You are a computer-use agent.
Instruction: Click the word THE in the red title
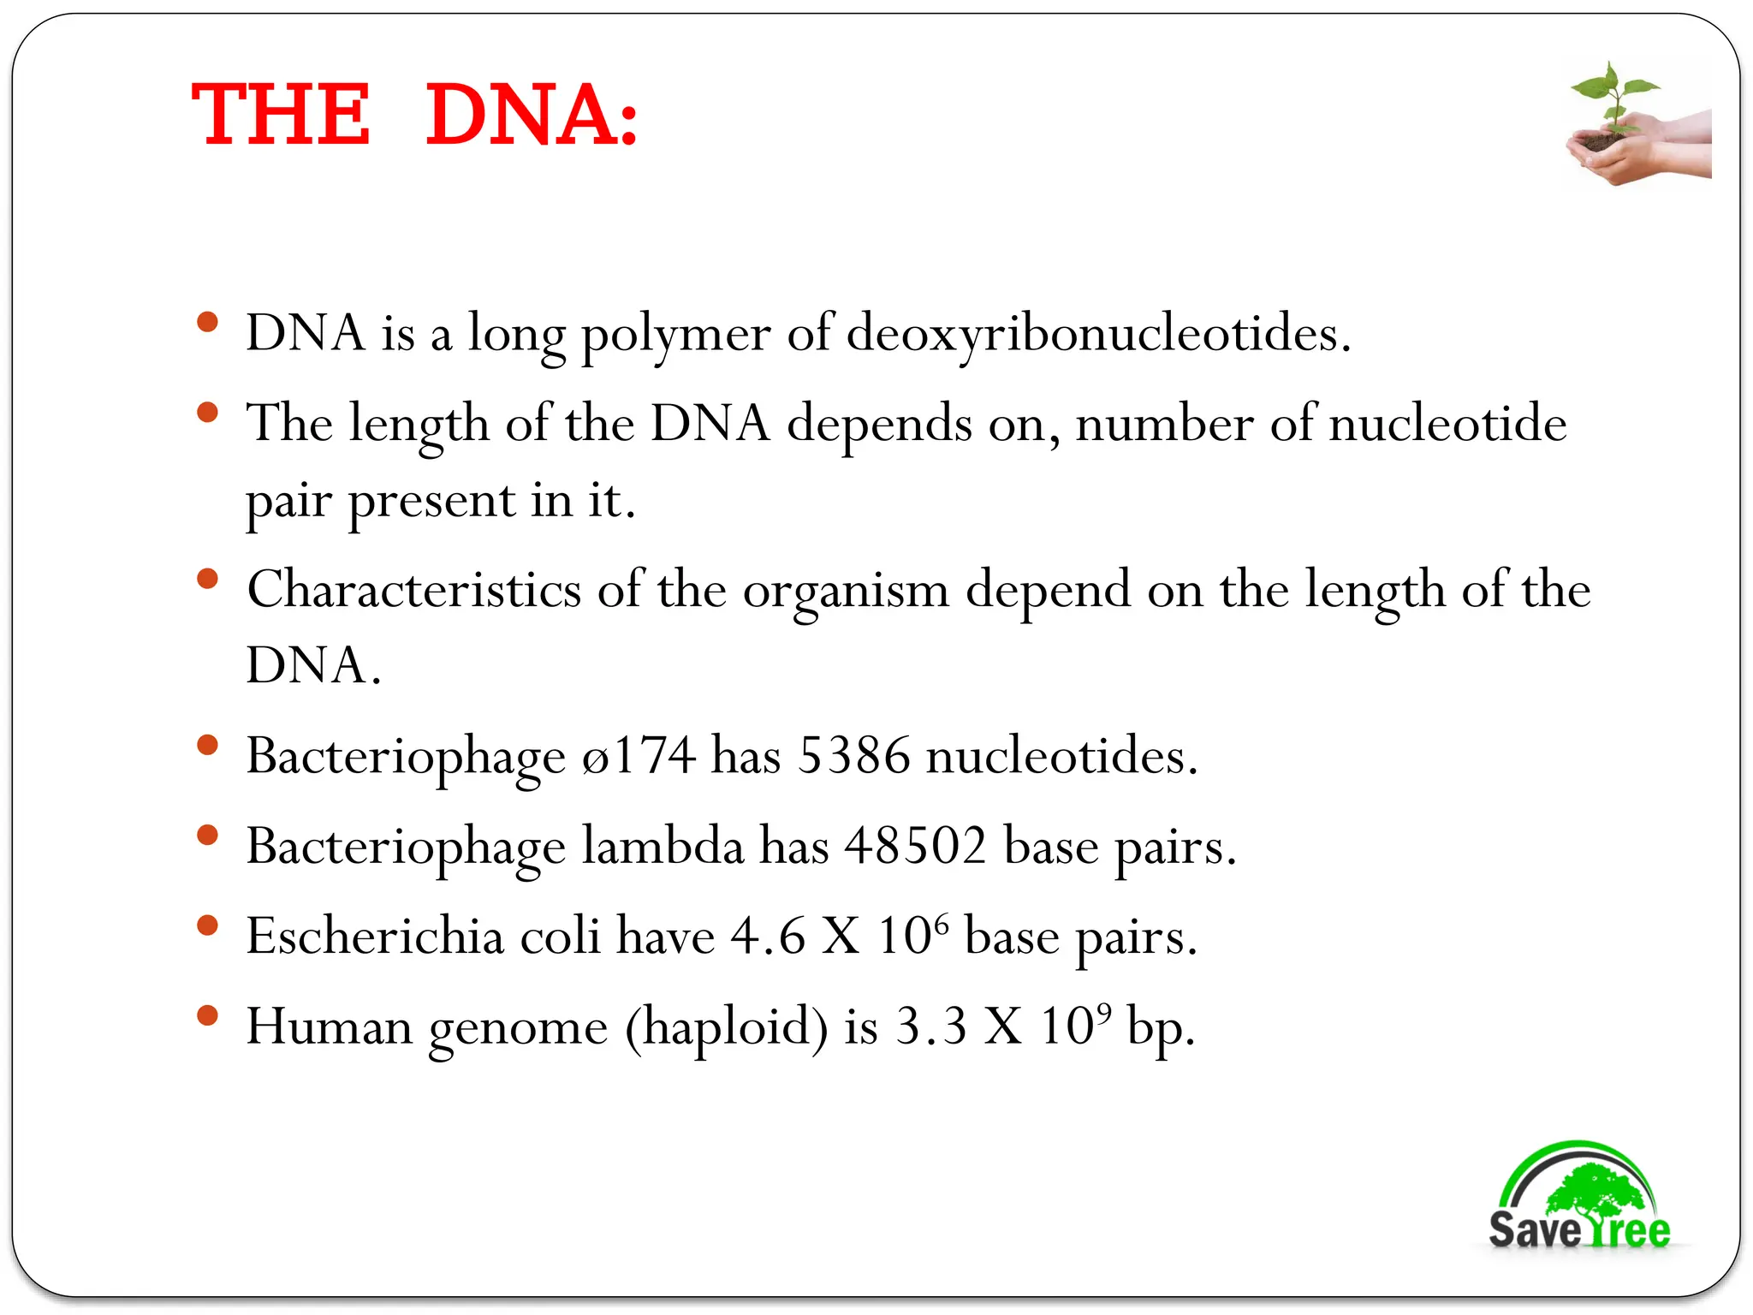coord(281,115)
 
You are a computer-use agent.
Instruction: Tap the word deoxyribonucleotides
coord(1098,332)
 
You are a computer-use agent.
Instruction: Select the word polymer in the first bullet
coord(675,334)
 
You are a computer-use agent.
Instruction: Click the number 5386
coord(853,755)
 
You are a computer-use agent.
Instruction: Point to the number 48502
coord(915,846)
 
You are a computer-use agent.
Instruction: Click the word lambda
coord(663,846)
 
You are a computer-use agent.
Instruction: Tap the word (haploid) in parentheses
coord(727,1026)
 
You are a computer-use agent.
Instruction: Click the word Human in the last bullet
coord(330,1026)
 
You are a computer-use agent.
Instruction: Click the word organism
coord(846,591)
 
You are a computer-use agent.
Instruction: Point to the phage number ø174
coord(638,755)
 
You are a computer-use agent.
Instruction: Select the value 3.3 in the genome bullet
coord(931,1026)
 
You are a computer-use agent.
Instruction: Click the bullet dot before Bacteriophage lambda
coord(207,835)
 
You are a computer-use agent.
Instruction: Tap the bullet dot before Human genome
coord(207,1015)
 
